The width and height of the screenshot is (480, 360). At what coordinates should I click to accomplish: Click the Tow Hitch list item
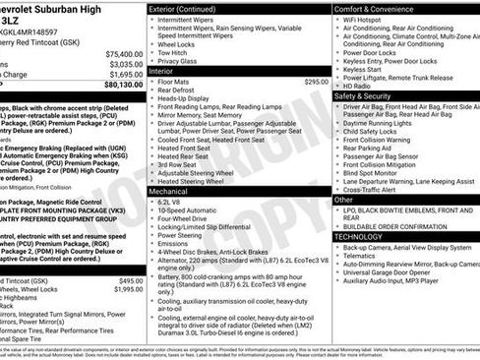(175, 53)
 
